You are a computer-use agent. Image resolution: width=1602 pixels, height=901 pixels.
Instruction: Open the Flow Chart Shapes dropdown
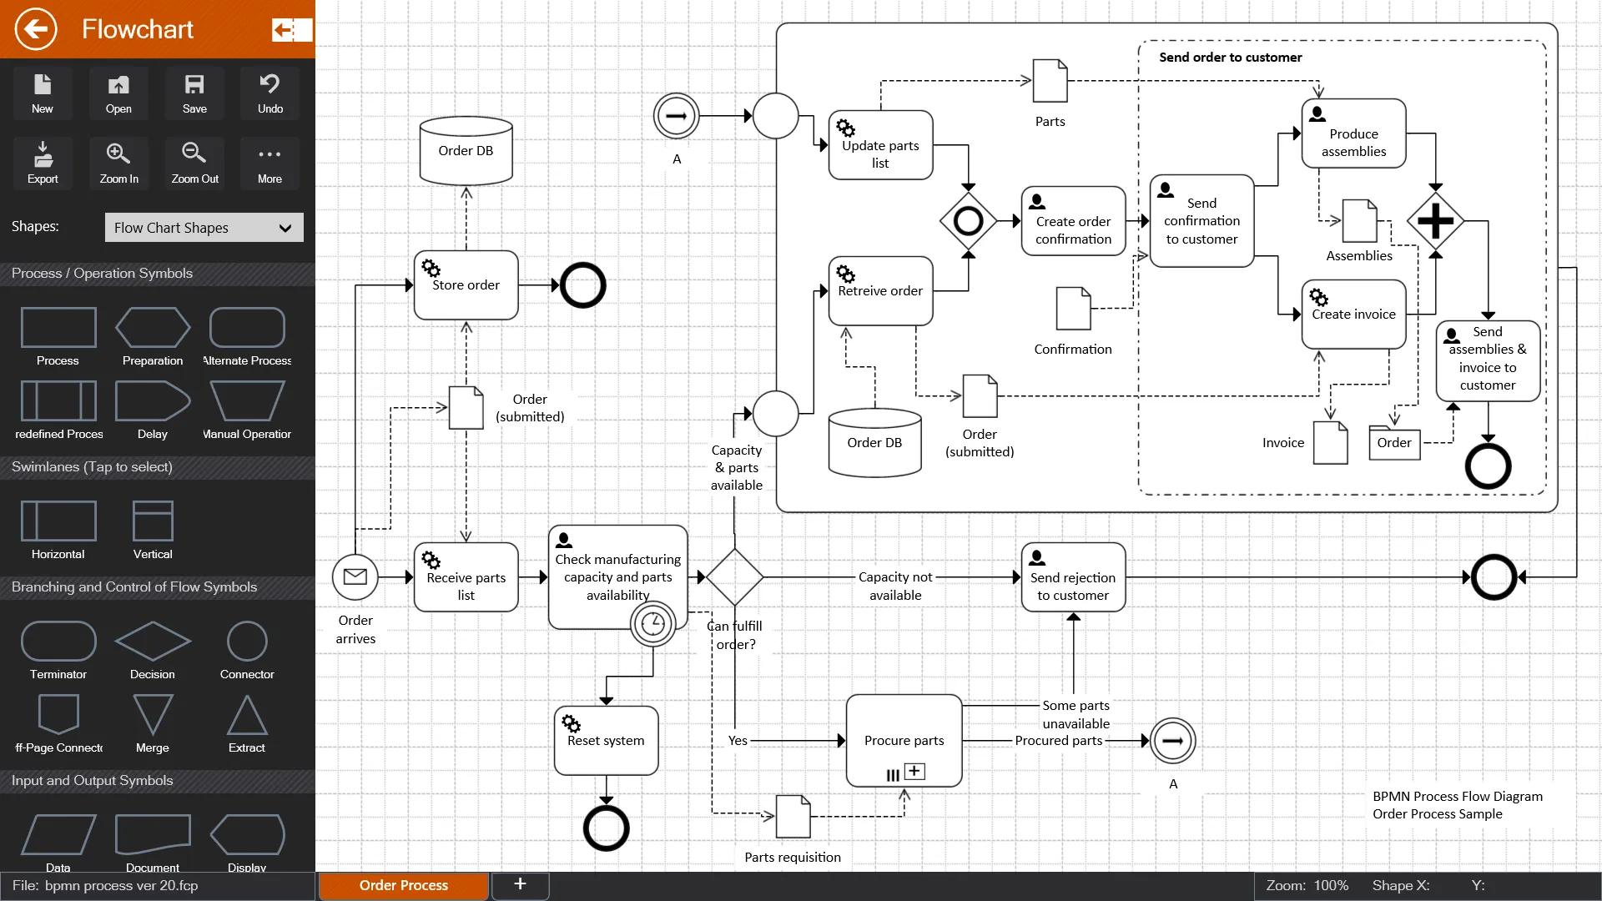pyautogui.click(x=204, y=228)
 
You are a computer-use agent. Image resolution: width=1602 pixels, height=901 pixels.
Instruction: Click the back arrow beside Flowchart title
pyautogui.click(x=36, y=29)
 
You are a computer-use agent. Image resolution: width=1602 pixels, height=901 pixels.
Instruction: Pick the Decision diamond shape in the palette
pyautogui.click(x=153, y=642)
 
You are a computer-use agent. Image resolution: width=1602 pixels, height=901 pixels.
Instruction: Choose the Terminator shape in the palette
pyautogui.click(x=58, y=642)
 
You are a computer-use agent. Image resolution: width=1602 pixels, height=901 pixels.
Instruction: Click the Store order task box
pyautogui.click(x=466, y=285)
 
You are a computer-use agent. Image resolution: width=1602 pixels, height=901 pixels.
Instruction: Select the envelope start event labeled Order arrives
pyautogui.click(x=355, y=576)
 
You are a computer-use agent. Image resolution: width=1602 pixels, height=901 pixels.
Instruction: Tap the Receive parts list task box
pyautogui.click(x=466, y=577)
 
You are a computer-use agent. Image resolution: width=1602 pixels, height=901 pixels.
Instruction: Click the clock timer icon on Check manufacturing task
pyautogui.click(x=652, y=624)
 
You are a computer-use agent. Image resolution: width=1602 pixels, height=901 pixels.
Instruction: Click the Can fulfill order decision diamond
pyautogui.click(x=734, y=576)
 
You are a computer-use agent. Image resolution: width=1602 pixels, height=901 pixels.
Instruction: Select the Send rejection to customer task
pyautogui.click(x=1073, y=577)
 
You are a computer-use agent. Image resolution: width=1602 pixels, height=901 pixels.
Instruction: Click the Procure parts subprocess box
pyautogui.click(x=904, y=741)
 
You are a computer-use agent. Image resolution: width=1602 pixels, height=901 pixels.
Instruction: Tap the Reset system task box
pyautogui.click(x=606, y=741)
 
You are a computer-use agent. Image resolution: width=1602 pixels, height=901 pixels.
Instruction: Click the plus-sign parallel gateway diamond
pyautogui.click(x=1435, y=221)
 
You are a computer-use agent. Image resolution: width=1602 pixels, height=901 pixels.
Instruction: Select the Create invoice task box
pyautogui.click(x=1353, y=315)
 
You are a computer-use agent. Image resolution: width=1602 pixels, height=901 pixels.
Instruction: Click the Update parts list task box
pyautogui.click(x=880, y=145)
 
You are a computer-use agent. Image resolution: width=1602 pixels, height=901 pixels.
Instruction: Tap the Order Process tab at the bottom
pyautogui.click(x=404, y=885)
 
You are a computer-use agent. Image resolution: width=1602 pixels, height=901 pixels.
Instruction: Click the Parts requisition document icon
pyautogui.click(x=793, y=816)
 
